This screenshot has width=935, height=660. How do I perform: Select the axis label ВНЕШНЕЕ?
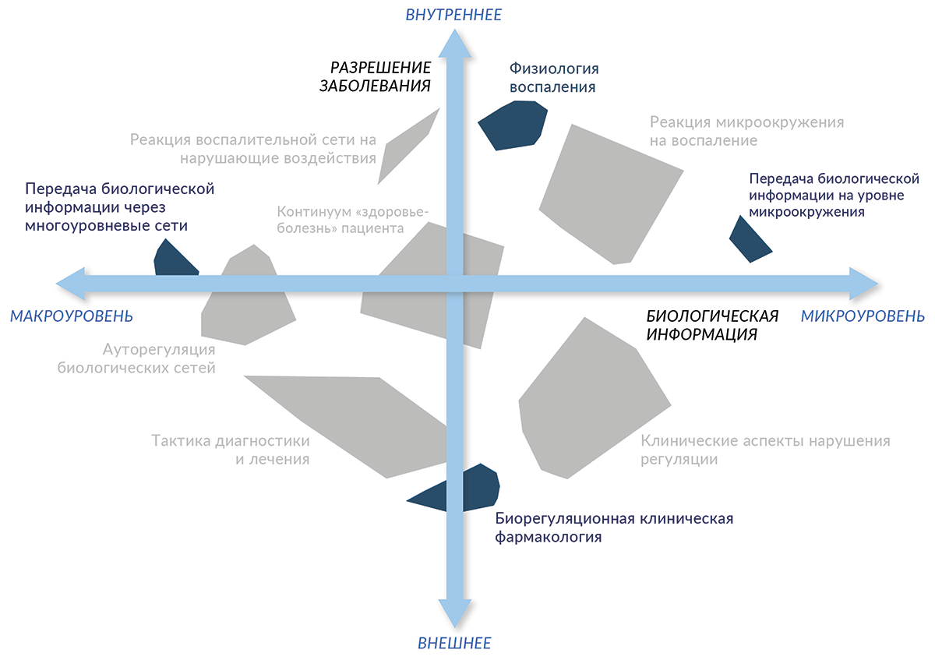[x=454, y=644]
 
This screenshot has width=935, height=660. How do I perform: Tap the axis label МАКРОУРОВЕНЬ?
[x=72, y=316]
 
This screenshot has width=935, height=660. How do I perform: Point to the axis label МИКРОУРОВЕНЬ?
[x=863, y=316]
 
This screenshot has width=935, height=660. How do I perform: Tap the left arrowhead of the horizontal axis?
[x=72, y=282]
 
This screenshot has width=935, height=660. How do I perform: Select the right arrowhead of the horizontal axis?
[x=863, y=282]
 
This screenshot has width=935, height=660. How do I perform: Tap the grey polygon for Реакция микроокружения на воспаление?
[x=612, y=191]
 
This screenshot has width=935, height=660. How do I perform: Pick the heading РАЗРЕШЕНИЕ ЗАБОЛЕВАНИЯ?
[x=376, y=76]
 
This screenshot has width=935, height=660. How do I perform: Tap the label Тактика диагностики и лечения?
[x=231, y=450]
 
